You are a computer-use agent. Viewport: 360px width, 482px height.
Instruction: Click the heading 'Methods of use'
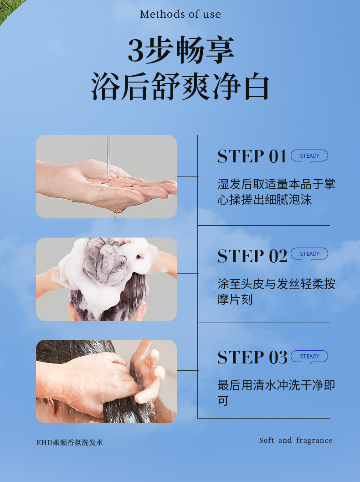(180, 14)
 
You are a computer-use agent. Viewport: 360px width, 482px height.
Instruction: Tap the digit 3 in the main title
(136, 50)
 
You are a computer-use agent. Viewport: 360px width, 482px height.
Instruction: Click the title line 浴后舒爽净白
(180, 87)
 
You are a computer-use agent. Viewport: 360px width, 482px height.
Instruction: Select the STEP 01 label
(252, 156)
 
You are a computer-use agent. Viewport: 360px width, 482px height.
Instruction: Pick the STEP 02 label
(252, 256)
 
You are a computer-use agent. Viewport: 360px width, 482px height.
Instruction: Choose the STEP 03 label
(252, 357)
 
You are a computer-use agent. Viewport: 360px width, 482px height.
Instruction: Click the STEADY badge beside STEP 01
(309, 156)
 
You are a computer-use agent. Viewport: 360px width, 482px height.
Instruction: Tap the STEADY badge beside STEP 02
(309, 254)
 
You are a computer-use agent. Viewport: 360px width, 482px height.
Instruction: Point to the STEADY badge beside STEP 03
(309, 357)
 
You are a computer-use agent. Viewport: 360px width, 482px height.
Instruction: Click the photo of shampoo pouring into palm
(106, 177)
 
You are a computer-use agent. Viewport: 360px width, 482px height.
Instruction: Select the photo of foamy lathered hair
(106, 279)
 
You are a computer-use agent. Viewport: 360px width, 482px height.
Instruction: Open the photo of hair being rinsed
(106, 382)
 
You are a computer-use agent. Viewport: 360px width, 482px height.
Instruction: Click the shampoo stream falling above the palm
(108, 157)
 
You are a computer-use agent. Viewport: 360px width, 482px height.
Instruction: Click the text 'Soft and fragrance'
(296, 441)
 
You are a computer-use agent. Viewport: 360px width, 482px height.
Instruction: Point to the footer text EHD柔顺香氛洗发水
(70, 443)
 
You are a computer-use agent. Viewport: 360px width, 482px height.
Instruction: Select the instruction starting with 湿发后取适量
(276, 192)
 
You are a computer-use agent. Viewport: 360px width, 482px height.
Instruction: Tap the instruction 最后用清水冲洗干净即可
(276, 393)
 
